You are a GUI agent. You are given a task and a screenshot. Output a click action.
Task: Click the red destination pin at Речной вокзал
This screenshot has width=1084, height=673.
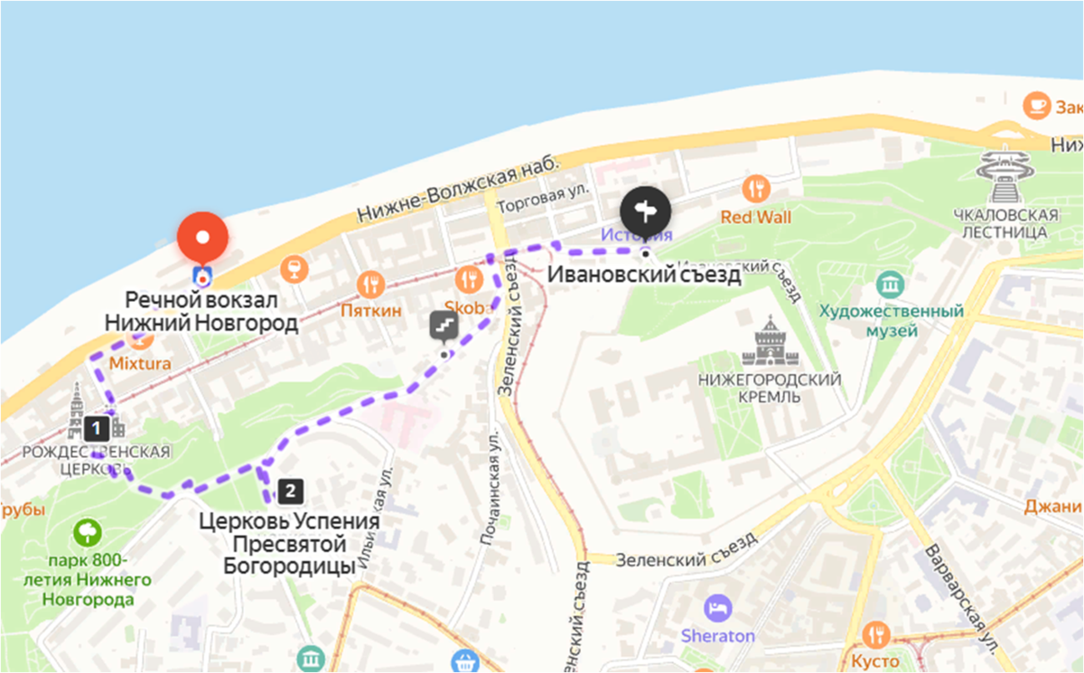pos(202,238)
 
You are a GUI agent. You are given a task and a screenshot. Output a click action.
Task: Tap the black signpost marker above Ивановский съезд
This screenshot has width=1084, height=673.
pos(646,212)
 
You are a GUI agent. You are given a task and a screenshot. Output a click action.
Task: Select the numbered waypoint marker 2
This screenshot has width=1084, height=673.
pos(289,491)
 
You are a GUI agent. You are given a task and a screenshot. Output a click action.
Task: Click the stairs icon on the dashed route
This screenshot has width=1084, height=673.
pos(444,326)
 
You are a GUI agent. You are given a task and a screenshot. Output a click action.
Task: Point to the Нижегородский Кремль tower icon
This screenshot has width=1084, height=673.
pos(770,342)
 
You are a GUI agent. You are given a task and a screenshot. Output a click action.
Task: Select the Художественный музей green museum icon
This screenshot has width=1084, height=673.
pos(891,285)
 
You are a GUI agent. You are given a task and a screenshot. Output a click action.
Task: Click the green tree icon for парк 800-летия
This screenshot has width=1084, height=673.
pos(88,532)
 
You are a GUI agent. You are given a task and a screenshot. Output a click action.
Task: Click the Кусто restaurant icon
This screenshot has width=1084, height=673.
pos(875,634)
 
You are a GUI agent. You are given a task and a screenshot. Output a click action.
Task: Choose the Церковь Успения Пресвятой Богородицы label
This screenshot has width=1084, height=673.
pos(289,542)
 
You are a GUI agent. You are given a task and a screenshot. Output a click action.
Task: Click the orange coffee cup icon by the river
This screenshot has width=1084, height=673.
pos(1036,105)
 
